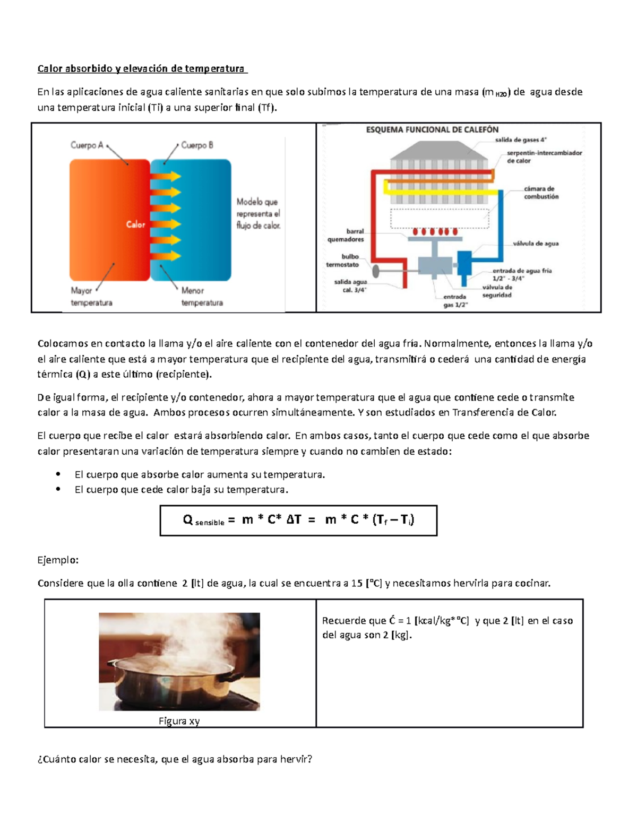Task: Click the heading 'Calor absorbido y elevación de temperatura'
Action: tap(141, 68)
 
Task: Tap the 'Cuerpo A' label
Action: tap(87, 145)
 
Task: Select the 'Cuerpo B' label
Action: tap(197, 145)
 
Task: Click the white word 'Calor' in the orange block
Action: tap(135, 224)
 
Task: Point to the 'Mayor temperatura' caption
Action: tap(91, 297)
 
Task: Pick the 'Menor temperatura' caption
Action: tap(202, 297)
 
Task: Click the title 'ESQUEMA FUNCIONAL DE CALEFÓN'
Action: tap(432, 129)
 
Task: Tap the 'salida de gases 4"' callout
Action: tap(520, 140)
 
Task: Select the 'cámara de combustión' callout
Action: tap(541, 193)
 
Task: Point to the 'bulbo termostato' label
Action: tap(343, 261)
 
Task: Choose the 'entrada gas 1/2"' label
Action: tap(455, 301)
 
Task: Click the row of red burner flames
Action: tap(435, 232)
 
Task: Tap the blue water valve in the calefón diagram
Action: tap(464, 264)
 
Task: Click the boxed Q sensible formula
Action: tap(298, 520)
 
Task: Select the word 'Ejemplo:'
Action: tap(58, 560)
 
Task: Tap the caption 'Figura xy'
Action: tap(179, 721)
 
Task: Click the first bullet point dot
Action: tap(58, 474)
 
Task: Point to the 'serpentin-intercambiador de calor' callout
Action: tap(544, 157)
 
